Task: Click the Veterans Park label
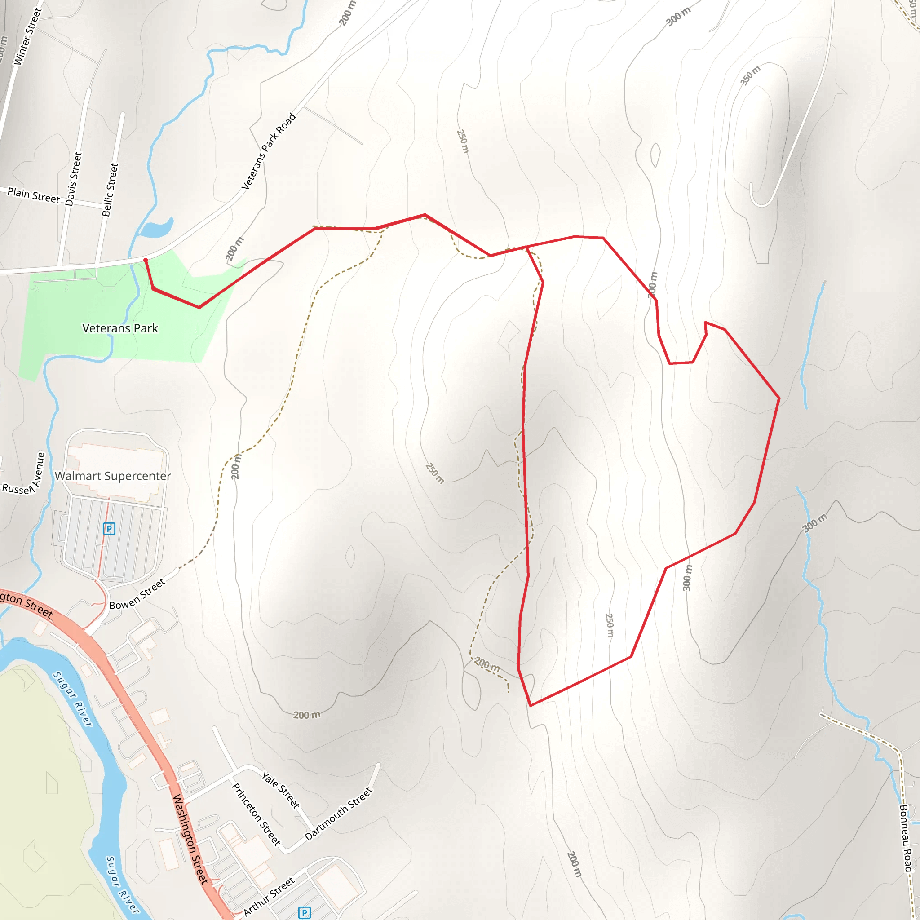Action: click(120, 328)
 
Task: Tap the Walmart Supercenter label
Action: click(113, 476)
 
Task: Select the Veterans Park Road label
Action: click(269, 151)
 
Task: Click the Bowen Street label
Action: click(137, 594)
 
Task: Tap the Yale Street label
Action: click(281, 791)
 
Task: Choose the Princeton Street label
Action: click(256, 814)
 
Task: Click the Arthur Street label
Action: click(269, 897)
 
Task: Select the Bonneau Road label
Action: click(906, 838)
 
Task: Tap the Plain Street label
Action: click(33, 195)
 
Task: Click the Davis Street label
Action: click(74, 179)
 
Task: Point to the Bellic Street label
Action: click(110, 190)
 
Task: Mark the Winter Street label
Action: click(27, 37)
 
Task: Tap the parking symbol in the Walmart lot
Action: click(109, 529)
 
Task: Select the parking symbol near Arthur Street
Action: click(304, 912)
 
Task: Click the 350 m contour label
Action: click(750, 75)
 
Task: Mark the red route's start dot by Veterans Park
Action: click(146, 260)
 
